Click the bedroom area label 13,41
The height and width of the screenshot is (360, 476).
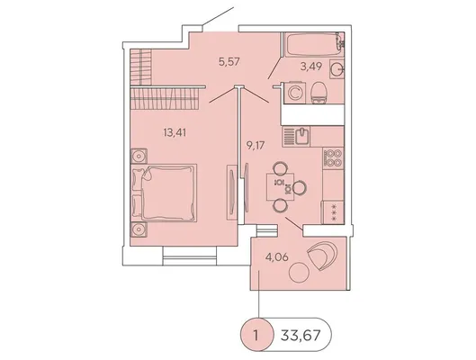point(175,132)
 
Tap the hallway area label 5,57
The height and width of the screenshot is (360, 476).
point(229,61)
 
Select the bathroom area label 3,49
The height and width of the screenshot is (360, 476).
point(311,67)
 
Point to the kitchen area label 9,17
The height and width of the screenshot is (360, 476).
point(256,145)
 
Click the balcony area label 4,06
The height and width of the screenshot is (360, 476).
point(277,257)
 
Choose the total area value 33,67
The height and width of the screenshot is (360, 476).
point(301,336)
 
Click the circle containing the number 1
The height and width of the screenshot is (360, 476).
point(256,335)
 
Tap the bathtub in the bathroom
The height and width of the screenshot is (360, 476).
point(314,45)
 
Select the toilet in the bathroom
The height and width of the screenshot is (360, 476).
point(319,93)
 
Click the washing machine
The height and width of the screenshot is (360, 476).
point(294,93)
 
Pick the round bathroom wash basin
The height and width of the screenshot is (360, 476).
point(337,69)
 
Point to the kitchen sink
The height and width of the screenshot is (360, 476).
point(302,137)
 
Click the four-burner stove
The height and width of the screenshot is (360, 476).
point(333,157)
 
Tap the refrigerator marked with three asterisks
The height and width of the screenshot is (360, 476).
point(333,212)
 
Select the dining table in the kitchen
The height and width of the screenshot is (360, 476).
point(280,186)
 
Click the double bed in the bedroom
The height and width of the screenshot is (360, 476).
point(164,193)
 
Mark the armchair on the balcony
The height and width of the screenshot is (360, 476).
point(322,256)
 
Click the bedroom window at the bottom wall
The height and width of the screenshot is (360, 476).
point(190,256)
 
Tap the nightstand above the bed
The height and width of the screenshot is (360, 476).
point(139,157)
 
